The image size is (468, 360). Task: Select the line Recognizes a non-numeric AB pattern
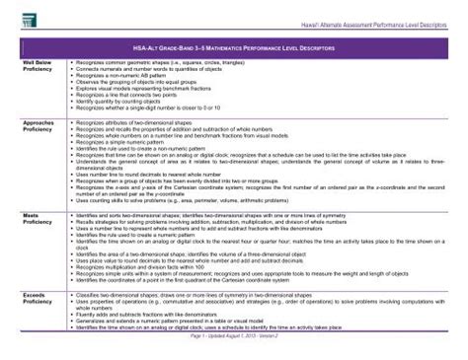pyautogui.click(x=128, y=73)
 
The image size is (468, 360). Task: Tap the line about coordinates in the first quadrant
pyautogui.click(x=198, y=284)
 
